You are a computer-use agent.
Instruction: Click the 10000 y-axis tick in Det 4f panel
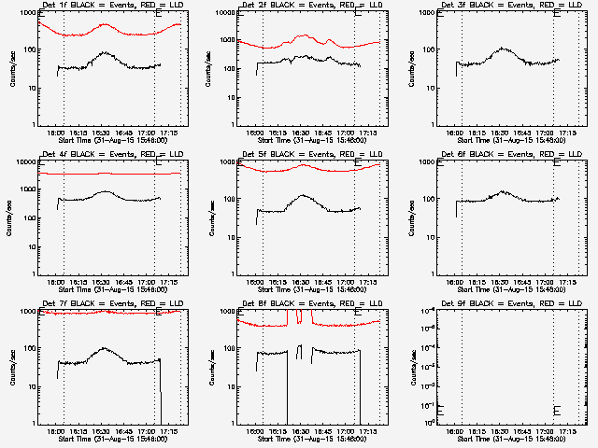[27, 162]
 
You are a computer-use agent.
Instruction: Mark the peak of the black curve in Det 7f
[105, 348]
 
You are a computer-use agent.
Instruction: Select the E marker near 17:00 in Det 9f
[557, 410]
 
